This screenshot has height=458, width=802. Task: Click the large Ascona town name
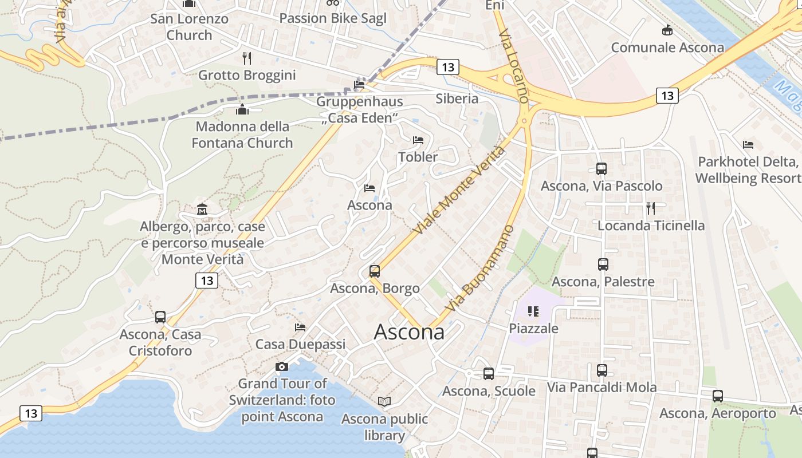(409, 332)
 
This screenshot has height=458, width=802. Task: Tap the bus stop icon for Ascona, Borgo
(375, 271)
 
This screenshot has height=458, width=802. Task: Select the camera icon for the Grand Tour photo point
(282, 366)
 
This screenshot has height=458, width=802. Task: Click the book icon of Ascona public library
(384, 402)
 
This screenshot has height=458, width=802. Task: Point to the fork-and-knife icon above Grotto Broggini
(247, 58)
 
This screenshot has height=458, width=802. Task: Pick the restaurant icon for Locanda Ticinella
(650, 208)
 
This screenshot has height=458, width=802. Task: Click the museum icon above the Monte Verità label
(202, 210)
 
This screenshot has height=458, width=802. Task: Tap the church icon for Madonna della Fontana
(242, 109)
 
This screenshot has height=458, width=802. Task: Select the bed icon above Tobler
(418, 140)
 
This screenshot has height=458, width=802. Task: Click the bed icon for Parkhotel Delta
(748, 145)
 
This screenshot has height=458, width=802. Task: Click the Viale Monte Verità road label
(461, 189)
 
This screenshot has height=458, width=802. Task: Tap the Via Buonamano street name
(480, 269)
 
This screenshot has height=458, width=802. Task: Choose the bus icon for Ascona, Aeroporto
(717, 396)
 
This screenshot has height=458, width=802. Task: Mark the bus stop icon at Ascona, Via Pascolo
(601, 169)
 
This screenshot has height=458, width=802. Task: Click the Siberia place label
(457, 98)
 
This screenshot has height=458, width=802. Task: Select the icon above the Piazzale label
(533, 311)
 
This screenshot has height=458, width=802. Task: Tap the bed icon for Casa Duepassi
(300, 327)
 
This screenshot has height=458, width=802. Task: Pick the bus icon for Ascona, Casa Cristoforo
(160, 317)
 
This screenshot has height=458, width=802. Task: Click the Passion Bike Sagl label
(333, 18)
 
